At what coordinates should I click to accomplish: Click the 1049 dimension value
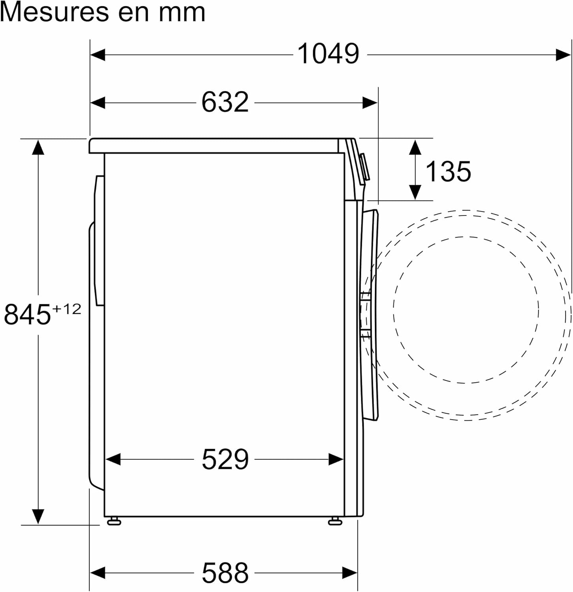pyautogui.click(x=328, y=54)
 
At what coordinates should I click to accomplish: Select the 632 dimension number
pyautogui.click(x=225, y=102)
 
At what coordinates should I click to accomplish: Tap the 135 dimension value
pyautogui.click(x=448, y=172)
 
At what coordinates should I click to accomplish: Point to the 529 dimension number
pyautogui.click(x=225, y=459)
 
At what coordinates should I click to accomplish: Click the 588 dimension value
pyautogui.click(x=225, y=573)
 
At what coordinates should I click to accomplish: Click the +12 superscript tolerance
pyautogui.click(x=67, y=309)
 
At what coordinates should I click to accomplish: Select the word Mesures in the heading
pyautogui.click(x=54, y=13)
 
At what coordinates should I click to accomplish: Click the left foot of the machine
pyautogui.click(x=114, y=521)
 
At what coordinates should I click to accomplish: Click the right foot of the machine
pyautogui.click(x=334, y=521)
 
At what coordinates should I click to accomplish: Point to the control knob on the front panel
pyautogui.click(x=364, y=167)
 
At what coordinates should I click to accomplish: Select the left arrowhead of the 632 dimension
pyautogui.click(x=98, y=103)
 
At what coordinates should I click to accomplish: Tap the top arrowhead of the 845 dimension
pyautogui.click(x=38, y=147)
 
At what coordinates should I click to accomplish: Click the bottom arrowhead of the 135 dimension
pyautogui.click(x=415, y=193)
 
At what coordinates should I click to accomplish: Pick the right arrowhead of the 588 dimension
pyautogui.click(x=350, y=572)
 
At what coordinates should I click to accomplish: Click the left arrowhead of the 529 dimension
pyautogui.click(x=113, y=459)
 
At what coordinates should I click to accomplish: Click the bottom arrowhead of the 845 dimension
pyautogui.click(x=38, y=517)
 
